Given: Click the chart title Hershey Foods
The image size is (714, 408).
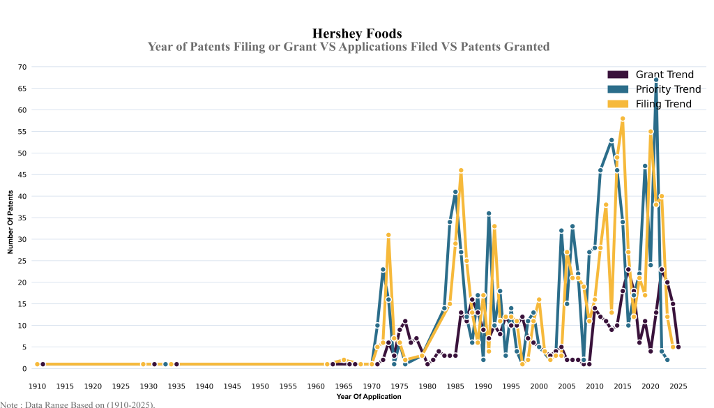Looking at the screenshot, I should click(x=356, y=33).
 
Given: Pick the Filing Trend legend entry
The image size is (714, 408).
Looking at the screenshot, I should click(x=663, y=104).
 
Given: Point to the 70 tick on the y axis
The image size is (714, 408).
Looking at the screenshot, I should click(x=22, y=67).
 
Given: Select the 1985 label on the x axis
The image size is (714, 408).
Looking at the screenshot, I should click(x=455, y=386).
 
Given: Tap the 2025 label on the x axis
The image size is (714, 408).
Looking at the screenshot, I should click(x=678, y=386).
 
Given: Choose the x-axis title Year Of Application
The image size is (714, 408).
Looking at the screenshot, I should click(x=368, y=397).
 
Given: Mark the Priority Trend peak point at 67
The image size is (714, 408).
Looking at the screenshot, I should click(x=656, y=80).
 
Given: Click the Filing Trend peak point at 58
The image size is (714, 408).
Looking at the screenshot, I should click(x=623, y=119).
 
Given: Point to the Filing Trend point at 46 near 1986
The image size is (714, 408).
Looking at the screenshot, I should click(x=461, y=170).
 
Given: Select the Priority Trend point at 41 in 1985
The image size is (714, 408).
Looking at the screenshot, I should click(x=455, y=192).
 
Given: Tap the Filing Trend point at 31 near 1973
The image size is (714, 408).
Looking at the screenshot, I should click(x=388, y=235).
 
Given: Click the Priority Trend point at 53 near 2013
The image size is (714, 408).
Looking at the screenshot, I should click(x=612, y=140).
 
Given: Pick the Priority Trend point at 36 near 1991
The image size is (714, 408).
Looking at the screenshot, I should click(x=489, y=213).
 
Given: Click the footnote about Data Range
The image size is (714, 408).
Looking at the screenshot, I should click(x=77, y=404).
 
